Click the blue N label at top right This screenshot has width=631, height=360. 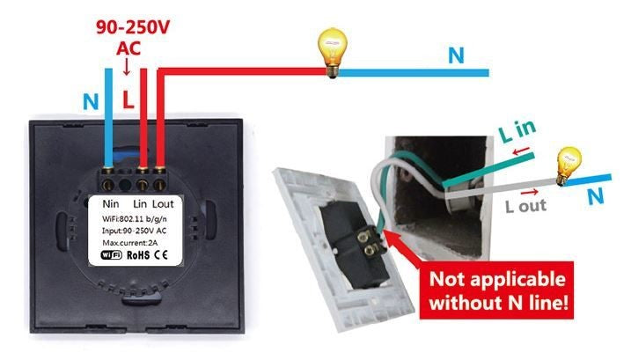point(455,55)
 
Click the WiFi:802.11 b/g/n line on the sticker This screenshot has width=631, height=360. point(141,217)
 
